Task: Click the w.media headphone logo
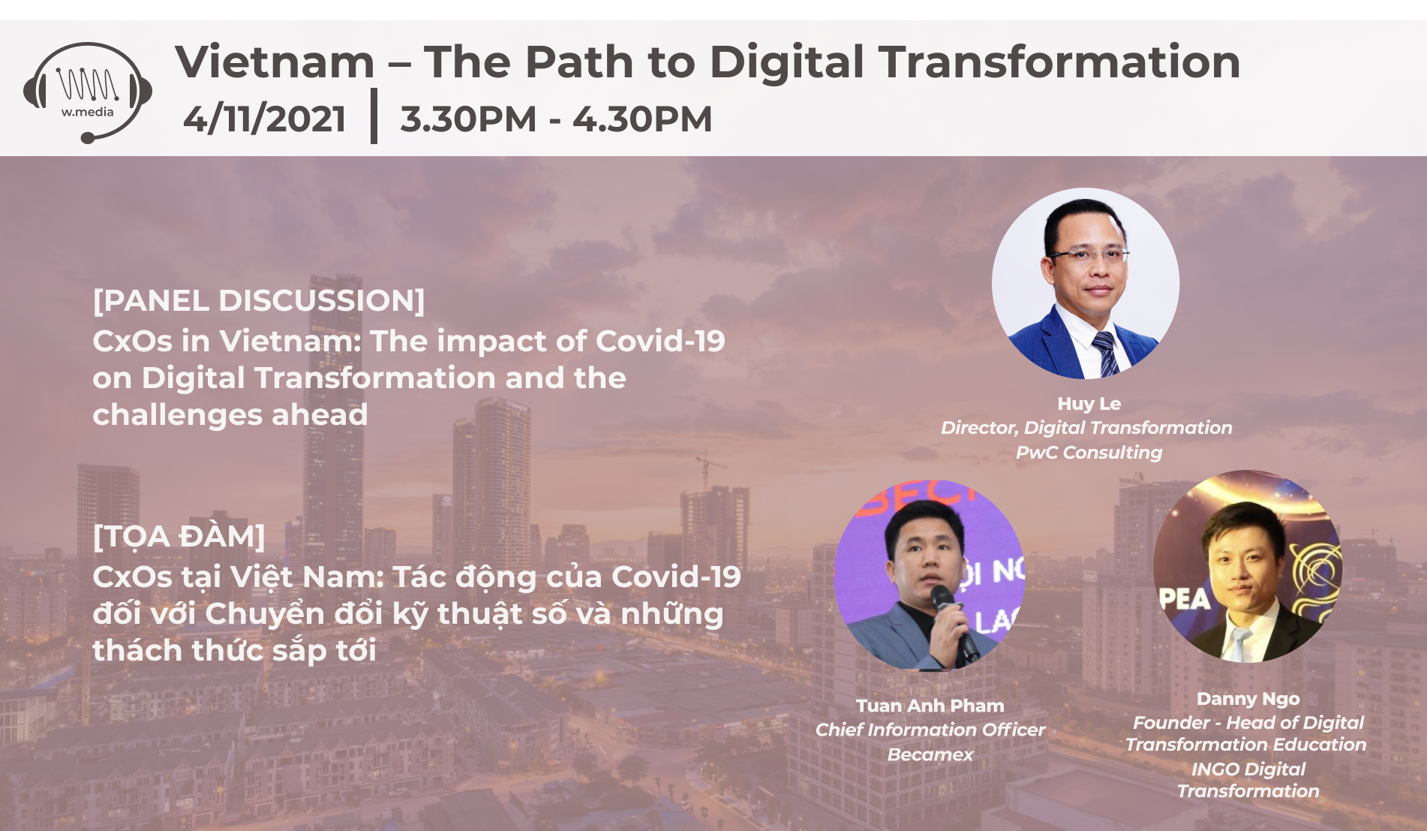click(x=88, y=92)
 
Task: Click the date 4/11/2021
click(x=264, y=119)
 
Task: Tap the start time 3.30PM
click(x=468, y=119)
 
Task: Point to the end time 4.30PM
click(x=642, y=119)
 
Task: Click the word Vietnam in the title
click(x=275, y=62)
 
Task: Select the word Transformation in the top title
click(x=1059, y=62)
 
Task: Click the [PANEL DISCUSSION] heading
click(x=259, y=301)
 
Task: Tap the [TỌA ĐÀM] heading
click(x=179, y=536)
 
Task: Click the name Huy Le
click(x=1089, y=404)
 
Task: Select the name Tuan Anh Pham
click(x=930, y=706)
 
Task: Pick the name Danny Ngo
click(x=1248, y=700)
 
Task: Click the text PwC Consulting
click(x=1089, y=453)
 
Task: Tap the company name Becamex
click(x=930, y=754)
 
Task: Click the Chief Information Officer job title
click(x=930, y=730)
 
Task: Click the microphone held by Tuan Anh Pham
click(x=954, y=620)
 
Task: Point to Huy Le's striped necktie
click(x=1105, y=353)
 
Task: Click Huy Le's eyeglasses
click(x=1089, y=254)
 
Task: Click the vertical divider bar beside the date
click(x=374, y=116)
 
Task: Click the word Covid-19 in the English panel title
click(x=660, y=342)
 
